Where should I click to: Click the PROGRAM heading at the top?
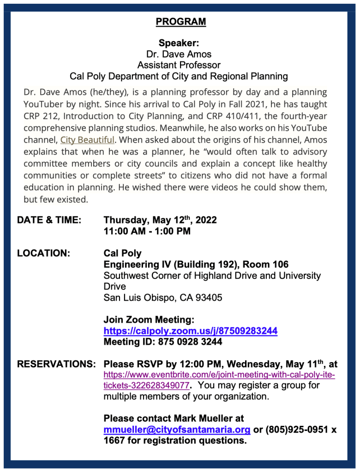(180, 22)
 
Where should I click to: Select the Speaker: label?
(179, 43)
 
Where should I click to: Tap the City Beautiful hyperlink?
(87, 140)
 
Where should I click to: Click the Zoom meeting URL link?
(190, 331)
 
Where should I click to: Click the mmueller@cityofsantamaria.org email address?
(177, 430)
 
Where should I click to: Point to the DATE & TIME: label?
(49, 221)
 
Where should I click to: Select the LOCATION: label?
(43, 253)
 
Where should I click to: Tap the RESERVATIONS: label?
(56, 364)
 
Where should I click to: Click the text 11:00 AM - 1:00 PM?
(147, 231)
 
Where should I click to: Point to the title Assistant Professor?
(179, 65)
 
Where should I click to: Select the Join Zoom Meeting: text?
(149, 320)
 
